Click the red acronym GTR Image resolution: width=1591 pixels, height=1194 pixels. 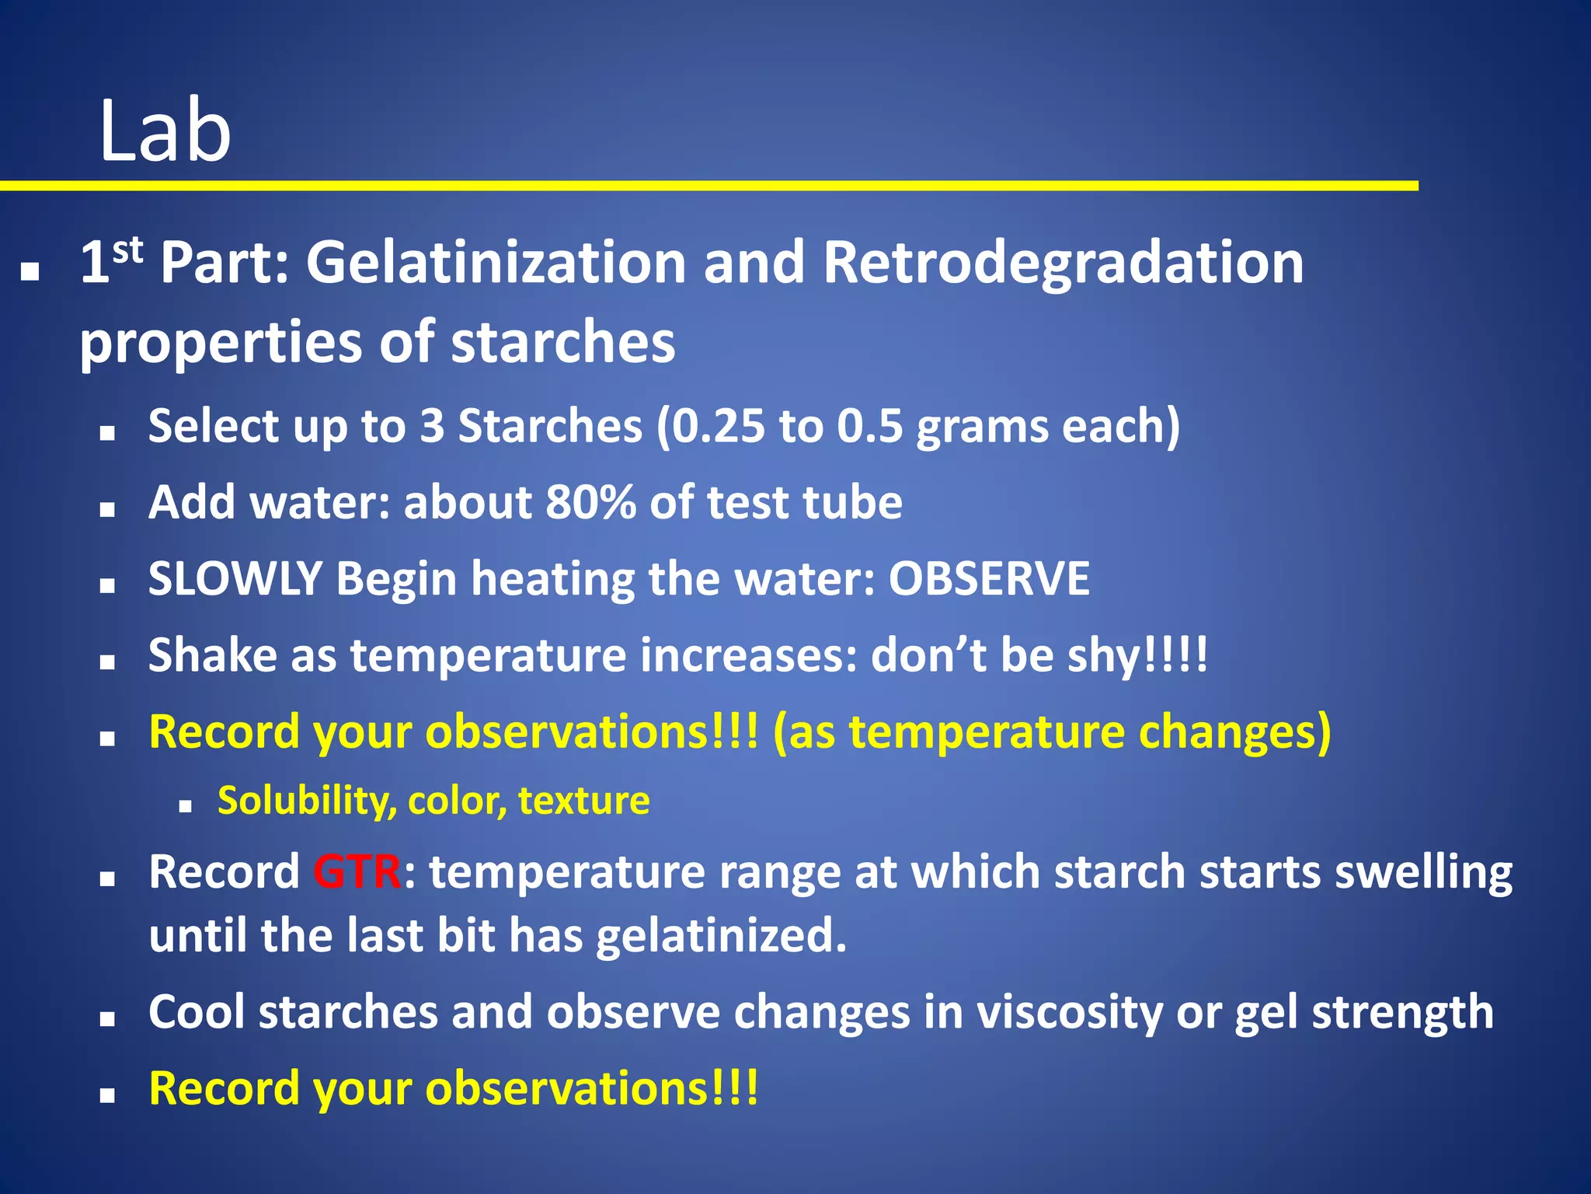point(357,872)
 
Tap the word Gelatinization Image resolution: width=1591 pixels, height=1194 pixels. point(496,263)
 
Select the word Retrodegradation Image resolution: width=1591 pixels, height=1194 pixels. point(1063,263)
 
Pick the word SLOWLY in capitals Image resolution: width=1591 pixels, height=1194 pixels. point(235,579)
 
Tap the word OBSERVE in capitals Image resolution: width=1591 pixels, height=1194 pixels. point(988,579)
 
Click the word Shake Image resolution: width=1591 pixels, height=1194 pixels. point(212,655)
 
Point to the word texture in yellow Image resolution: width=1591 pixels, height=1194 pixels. point(583,801)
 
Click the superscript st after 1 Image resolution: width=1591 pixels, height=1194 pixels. point(127,250)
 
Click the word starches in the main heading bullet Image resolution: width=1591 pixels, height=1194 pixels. point(562,342)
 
